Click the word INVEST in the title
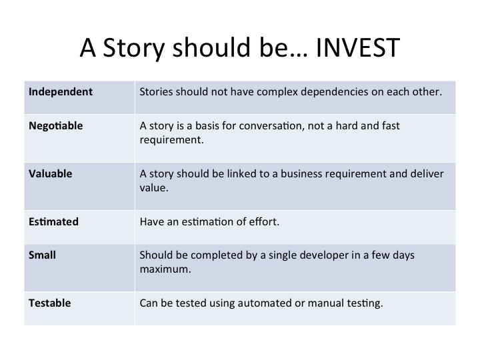tap(358, 47)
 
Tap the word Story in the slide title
tap(134, 49)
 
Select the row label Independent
tap(60, 92)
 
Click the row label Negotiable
tap(56, 126)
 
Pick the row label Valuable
tap(51, 174)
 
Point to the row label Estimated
tap(53, 221)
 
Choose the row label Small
tap(42, 255)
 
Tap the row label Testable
tap(50, 303)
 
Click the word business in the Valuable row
tap(301, 174)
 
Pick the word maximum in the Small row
tap(165, 269)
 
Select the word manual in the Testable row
tap(326, 303)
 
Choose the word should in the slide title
tap(212, 47)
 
